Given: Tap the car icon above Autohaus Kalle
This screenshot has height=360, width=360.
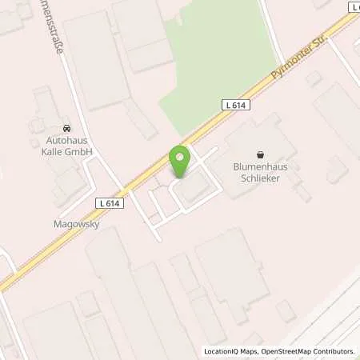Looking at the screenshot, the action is pos(66,128).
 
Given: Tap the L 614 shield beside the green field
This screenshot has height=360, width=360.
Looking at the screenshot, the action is pos(232,104).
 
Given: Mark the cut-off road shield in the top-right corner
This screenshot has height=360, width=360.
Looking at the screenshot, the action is pos(354,6).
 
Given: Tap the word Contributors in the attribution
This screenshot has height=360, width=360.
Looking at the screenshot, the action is pos(334,351).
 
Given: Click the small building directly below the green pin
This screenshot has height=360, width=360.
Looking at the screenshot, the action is pos(191,190).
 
